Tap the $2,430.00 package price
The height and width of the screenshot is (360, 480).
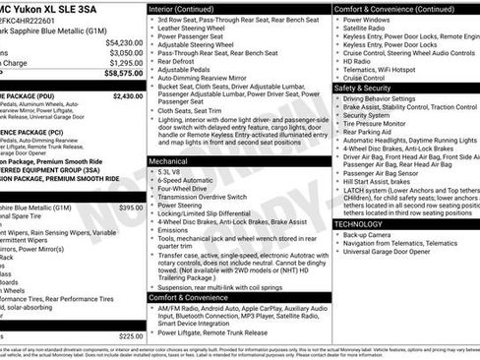point(127,96)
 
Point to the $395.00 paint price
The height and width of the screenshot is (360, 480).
point(131,208)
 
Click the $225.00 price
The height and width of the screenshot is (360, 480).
point(131,336)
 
